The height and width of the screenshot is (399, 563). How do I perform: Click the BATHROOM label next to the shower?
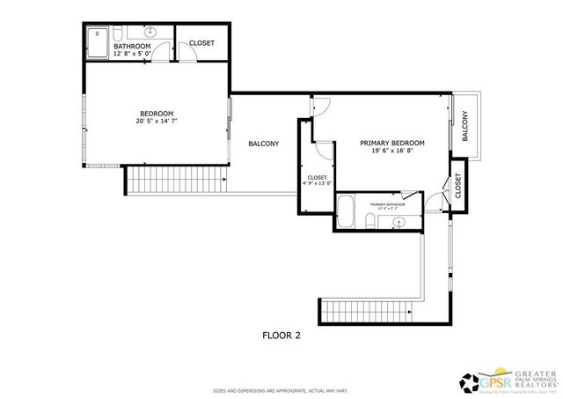pos(132,47)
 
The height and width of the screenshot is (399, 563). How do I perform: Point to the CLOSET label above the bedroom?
pos(201,43)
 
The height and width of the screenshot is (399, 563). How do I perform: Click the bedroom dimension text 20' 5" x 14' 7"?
pos(157,122)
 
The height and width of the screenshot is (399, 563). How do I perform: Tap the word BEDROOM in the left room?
pos(157,113)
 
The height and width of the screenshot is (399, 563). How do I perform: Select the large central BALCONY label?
pos(263,144)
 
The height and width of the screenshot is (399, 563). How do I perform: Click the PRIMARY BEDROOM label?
pos(392,143)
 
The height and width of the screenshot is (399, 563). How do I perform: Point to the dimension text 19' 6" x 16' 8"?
pos(392,151)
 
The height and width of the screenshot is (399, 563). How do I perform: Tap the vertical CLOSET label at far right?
pos(458,185)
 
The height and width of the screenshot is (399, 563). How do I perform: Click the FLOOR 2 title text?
pos(281,335)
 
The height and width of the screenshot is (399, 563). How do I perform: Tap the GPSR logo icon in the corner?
pos(473,381)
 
